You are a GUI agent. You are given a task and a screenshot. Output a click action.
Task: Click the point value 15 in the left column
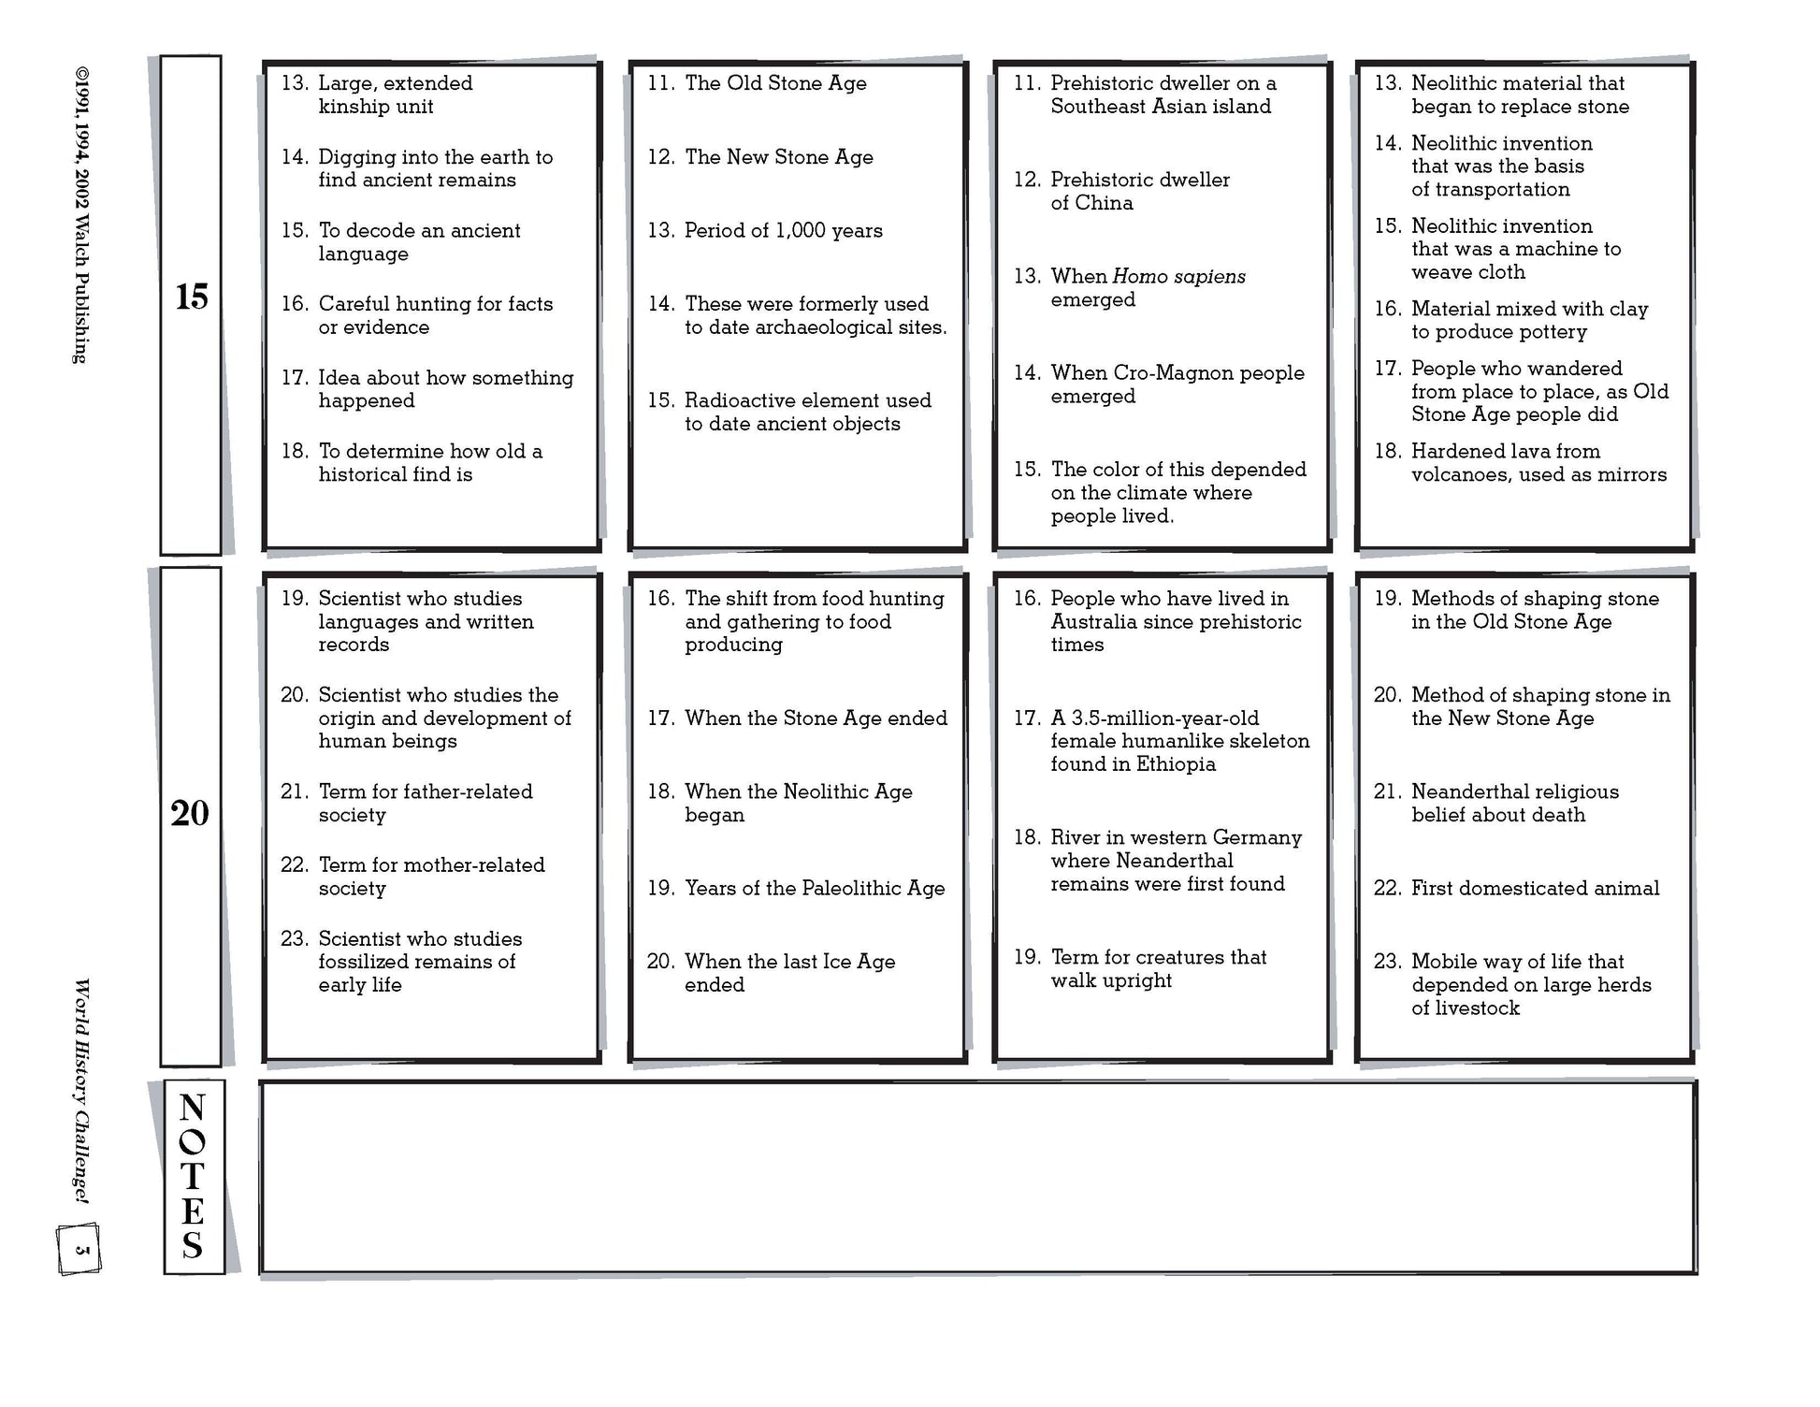coord(191,297)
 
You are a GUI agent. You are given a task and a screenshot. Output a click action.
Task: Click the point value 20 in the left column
coord(190,813)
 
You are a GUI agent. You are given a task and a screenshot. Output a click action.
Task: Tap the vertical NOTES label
coord(193,1176)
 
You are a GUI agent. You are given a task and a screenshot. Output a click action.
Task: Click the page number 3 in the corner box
coord(80,1249)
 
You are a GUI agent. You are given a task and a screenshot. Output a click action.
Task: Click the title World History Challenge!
coord(81,1090)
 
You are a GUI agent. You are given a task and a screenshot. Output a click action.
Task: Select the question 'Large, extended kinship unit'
coord(395,94)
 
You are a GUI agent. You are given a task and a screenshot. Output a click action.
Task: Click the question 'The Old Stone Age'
coord(774,83)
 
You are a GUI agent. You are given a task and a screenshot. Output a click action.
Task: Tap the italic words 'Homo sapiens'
coord(1178,277)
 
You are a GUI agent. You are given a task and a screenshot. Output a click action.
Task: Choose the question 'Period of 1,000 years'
coord(783,231)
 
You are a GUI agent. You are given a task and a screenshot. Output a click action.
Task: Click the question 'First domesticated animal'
coord(1535,889)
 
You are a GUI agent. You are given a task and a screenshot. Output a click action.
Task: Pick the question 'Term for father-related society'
coord(425,803)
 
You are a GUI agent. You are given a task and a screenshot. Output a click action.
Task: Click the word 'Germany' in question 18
coord(1257,837)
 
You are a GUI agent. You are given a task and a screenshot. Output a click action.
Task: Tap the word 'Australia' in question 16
coord(1095,622)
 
